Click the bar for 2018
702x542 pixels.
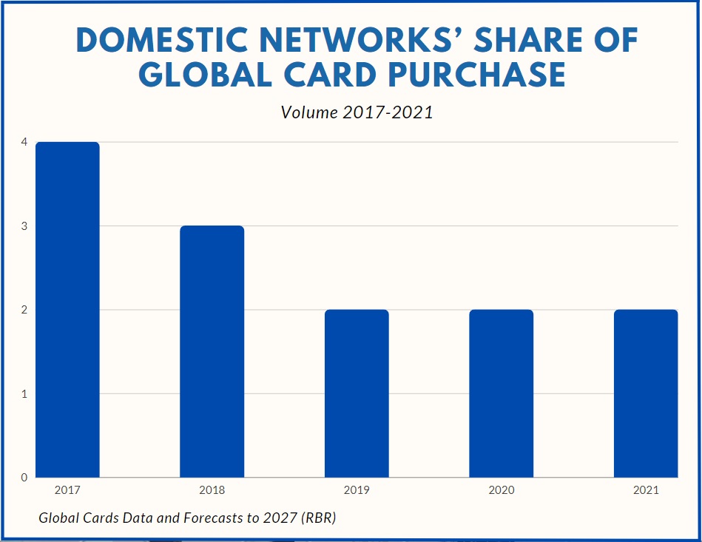[x=212, y=351]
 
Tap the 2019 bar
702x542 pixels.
[x=357, y=393]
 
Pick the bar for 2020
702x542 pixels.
[x=502, y=393]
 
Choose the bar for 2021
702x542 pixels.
[x=646, y=393]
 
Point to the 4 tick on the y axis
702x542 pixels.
[x=24, y=142]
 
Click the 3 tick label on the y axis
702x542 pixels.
[x=24, y=226]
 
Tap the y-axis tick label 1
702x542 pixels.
[x=24, y=393]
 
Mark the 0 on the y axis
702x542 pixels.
[x=24, y=477]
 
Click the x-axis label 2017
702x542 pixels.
[x=67, y=490]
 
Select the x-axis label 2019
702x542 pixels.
[x=357, y=490]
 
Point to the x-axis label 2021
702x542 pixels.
[x=646, y=490]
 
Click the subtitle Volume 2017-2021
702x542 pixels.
[x=357, y=112]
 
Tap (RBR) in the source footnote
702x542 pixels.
[x=319, y=518]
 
